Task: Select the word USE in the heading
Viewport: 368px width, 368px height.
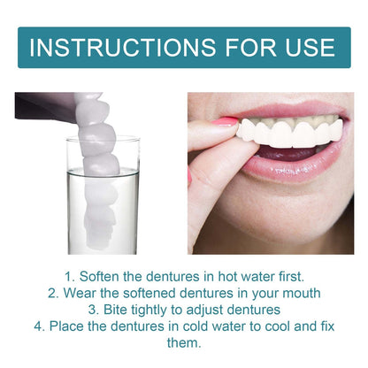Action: click(305, 47)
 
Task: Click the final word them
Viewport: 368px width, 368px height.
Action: click(184, 343)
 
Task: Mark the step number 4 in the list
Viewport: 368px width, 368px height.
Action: click(40, 326)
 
